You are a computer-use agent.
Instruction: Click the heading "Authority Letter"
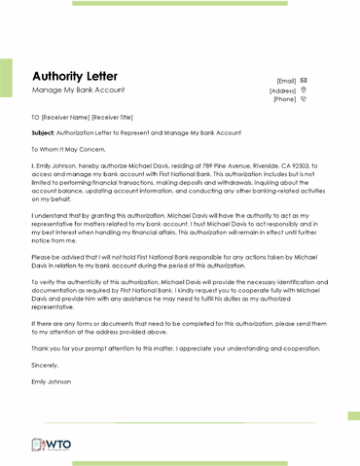74,76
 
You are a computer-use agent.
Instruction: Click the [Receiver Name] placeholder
65,117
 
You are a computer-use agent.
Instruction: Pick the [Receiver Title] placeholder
112,117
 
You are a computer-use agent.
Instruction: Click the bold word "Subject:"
43,132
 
